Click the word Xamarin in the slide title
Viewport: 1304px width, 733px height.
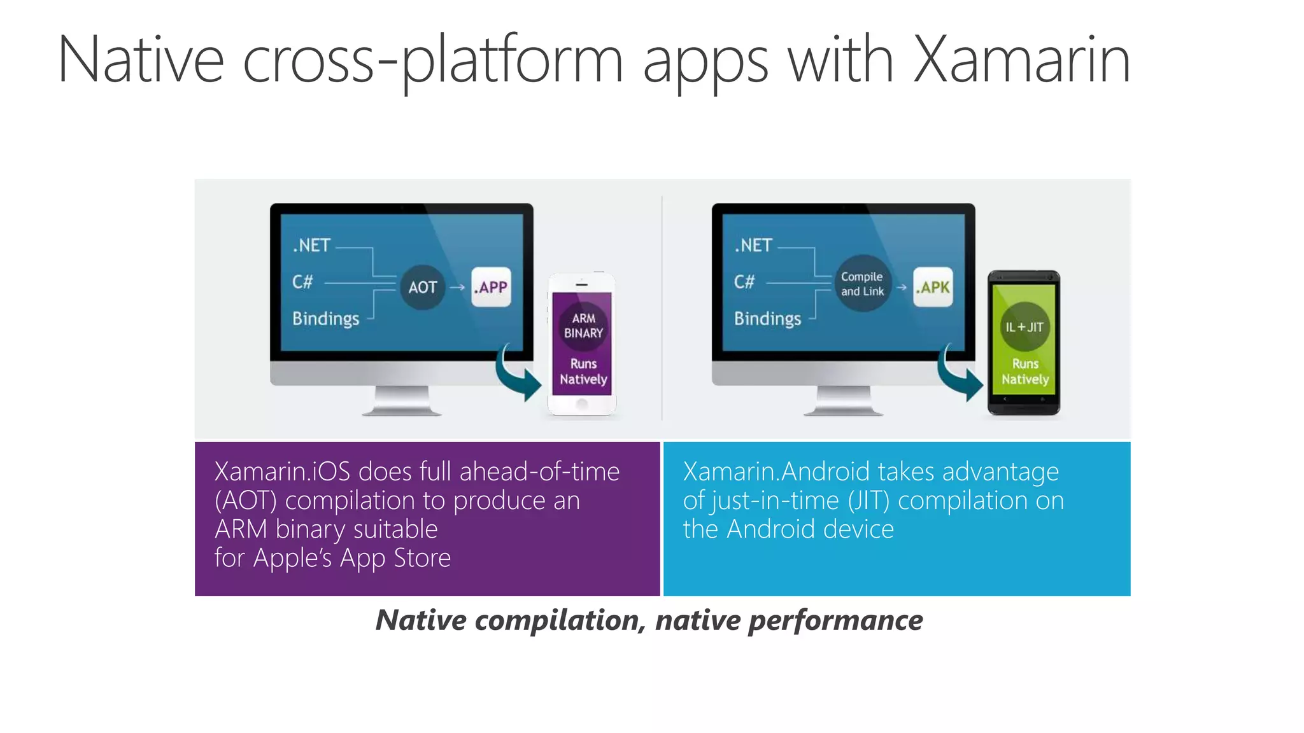click(1021, 60)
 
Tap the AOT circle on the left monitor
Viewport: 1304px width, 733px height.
click(422, 288)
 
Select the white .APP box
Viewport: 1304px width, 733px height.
click(491, 288)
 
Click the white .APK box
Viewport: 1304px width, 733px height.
click(933, 288)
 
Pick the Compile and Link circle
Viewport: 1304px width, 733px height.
click(862, 284)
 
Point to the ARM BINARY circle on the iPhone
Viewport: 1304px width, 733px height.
click(583, 326)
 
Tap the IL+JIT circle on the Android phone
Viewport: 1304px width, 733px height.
click(1024, 327)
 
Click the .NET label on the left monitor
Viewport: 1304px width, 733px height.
click(311, 246)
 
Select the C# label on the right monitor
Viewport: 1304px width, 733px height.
click(744, 282)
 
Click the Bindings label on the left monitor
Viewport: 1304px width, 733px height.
click(325, 319)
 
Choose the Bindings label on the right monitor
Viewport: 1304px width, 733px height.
click(767, 319)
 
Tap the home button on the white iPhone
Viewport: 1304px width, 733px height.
click(581, 404)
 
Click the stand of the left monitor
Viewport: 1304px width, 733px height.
click(402, 401)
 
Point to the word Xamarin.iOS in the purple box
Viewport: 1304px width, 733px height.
click(282, 472)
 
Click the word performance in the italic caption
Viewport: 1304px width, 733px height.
click(835, 620)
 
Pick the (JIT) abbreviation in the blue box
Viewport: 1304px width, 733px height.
click(868, 501)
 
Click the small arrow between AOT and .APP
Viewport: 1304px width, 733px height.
click(457, 288)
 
